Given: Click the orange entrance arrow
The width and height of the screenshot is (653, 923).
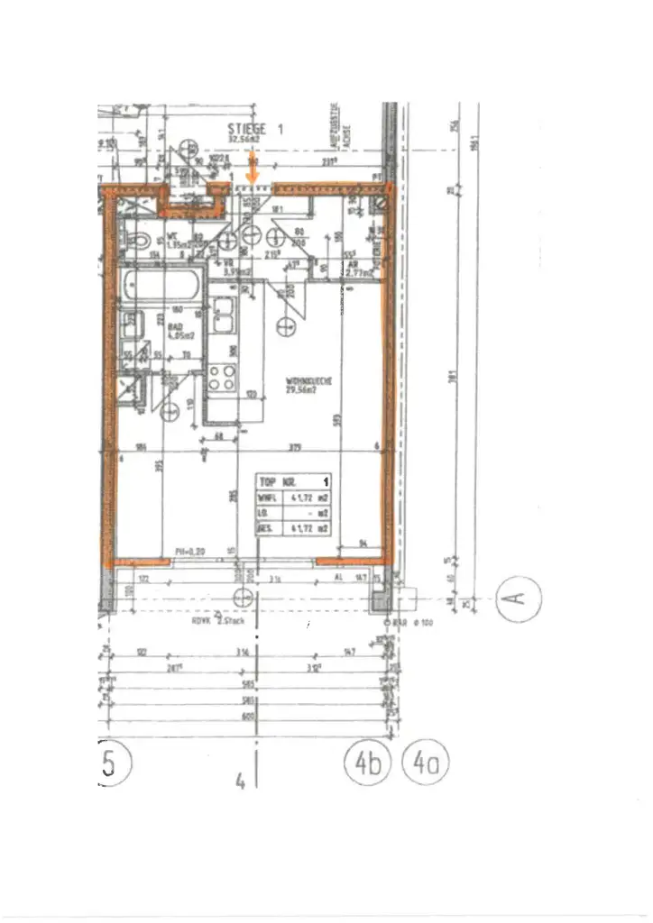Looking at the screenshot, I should pos(253,169).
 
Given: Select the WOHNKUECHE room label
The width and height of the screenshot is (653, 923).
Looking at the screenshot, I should pos(309,386).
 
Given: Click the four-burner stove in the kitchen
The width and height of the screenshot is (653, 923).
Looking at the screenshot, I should pos(222,374).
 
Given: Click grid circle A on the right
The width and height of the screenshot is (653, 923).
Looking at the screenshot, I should pos(520,597).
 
